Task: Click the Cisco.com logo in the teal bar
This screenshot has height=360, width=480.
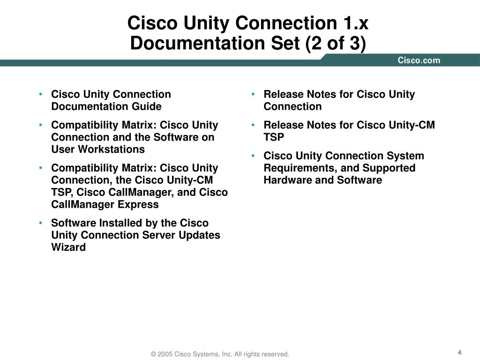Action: (419, 60)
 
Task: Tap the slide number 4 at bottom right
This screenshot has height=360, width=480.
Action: (460, 352)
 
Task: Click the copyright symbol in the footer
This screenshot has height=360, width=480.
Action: (153, 354)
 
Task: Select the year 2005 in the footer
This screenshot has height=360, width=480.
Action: (165, 354)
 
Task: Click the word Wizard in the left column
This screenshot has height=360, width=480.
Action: (68, 247)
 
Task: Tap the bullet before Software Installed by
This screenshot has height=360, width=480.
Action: (42, 223)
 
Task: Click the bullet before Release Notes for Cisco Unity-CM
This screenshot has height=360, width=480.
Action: (254, 125)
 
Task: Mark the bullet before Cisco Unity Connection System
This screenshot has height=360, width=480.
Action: (254, 156)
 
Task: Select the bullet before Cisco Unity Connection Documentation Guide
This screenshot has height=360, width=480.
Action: (42, 95)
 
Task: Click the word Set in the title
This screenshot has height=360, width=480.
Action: (287, 44)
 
